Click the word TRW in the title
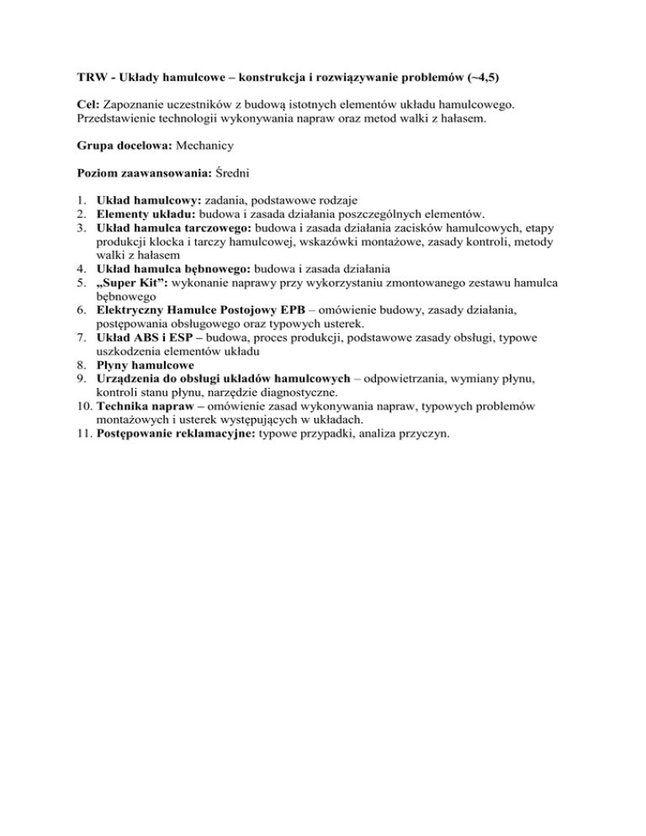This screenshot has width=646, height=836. [82, 77]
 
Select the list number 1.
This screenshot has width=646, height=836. [73, 200]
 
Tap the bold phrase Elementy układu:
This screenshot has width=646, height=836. [146, 214]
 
